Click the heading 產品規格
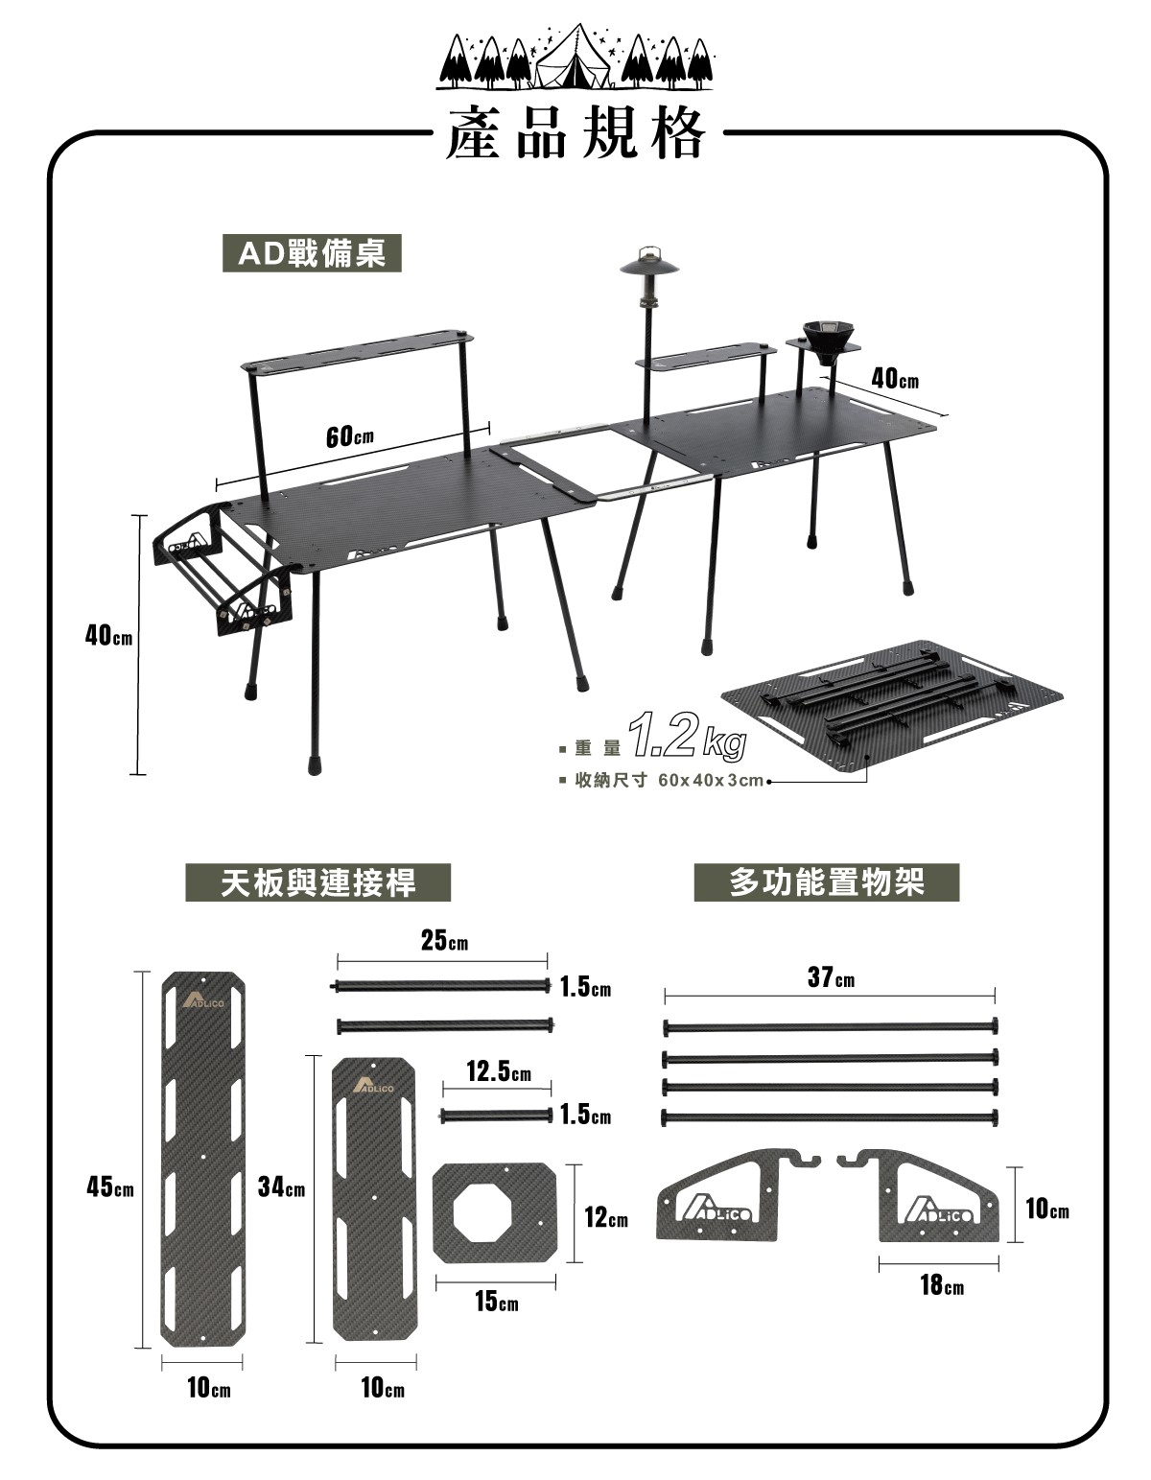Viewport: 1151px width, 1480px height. click(575, 134)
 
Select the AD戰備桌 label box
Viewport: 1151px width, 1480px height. click(312, 253)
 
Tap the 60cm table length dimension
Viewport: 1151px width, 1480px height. click(349, 435)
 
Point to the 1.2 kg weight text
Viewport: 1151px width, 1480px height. click(687, 737)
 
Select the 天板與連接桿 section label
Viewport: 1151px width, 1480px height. click(318, 882)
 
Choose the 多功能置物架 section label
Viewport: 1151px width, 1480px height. click(827, 882)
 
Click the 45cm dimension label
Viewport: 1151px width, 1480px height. click(110, 1186)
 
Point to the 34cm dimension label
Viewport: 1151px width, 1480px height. click(281, 1186)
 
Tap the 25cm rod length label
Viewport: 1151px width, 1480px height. click(445, 941)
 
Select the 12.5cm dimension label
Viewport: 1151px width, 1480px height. click(499, 1071)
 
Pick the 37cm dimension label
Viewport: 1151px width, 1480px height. click(831, 977)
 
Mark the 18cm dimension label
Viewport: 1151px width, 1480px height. click(942, 1284)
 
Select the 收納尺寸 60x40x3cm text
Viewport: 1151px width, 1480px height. click(669, 780)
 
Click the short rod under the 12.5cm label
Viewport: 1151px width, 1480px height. click(497, 1116)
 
